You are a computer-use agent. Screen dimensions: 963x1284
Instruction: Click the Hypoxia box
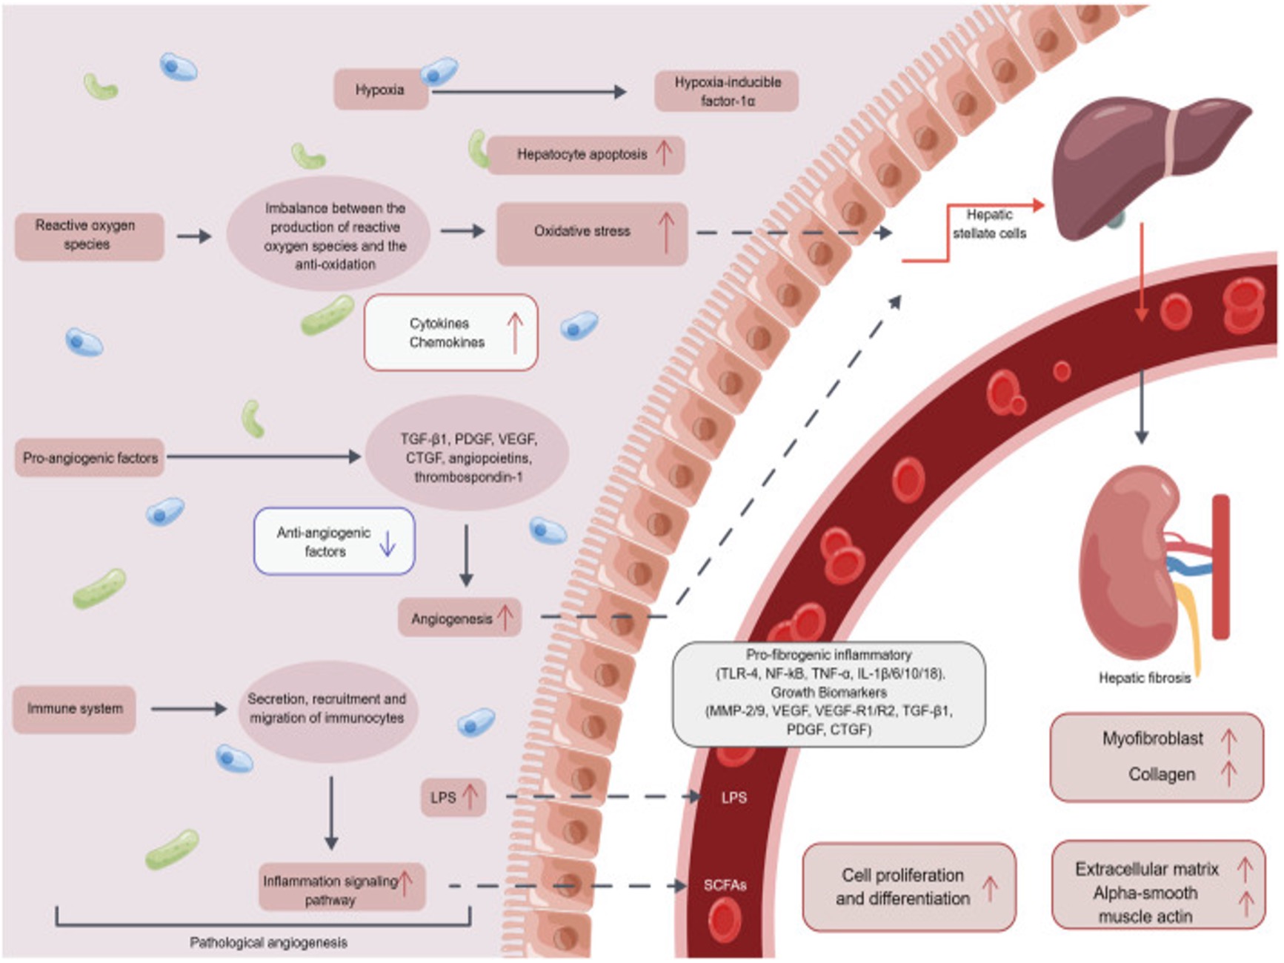click(380, 90)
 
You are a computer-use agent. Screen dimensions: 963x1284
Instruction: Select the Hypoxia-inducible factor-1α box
click(726, 91)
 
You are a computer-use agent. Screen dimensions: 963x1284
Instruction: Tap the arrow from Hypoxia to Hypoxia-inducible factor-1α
click(529, 92)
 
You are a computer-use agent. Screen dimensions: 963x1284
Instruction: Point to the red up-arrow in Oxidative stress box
click(666, 231)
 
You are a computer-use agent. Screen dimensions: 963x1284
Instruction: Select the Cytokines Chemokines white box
click(450, 333)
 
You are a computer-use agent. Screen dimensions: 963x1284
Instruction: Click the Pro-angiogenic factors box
click(90, 458)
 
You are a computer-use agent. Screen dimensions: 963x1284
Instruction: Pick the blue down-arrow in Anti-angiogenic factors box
click(387, 543)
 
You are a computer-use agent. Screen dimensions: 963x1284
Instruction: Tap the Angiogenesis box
click(459, 618)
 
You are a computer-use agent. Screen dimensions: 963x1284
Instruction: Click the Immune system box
click(75, 709)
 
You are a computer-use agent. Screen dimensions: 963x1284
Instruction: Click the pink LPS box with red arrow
click(453, 797)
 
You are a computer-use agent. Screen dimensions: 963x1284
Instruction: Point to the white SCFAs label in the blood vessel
click(725, 885)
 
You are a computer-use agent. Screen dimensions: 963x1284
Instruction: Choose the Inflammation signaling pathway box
click(342, 888)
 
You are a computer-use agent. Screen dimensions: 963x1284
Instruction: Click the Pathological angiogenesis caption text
click(268, 943)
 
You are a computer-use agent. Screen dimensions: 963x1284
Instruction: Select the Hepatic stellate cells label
click(989, 224)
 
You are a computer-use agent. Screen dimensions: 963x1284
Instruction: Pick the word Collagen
click(1161, 774)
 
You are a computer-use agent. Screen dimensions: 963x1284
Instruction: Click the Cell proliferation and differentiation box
click(908, 887)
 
